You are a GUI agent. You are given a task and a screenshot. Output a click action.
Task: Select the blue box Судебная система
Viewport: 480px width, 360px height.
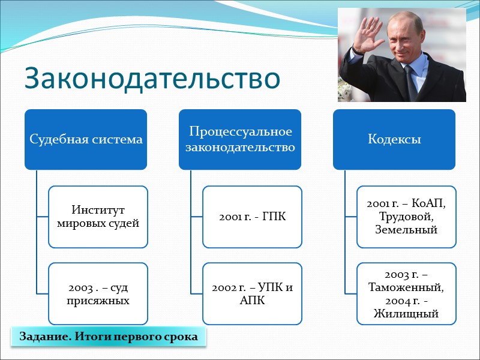pyautogui.click(x=86, y=139)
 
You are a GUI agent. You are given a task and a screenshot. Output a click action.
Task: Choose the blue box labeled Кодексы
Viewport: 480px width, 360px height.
pyautogui.click(x=395, y=139)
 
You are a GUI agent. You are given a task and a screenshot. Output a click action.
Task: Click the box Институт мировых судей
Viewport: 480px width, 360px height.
pyautogui.click(x=98, y=217)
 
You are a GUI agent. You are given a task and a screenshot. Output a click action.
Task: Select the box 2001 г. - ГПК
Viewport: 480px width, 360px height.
pyautogui.click(x=252, y=217)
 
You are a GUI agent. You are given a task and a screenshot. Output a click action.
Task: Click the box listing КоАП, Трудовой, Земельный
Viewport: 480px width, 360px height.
pyautogui.click(x=406, y=217)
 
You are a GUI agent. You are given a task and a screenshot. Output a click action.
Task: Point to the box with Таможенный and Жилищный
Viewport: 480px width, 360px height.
pyautogui.click(x=406, y=293)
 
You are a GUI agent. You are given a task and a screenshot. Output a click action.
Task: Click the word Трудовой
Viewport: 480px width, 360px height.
pyautogui.click(x=406, y=217)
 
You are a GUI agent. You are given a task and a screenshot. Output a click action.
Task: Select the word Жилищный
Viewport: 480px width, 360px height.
pyautogui.click(x=406, y=313)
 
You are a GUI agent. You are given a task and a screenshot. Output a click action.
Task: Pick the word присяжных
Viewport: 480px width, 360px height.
pyautogui.click(x=98, y=299)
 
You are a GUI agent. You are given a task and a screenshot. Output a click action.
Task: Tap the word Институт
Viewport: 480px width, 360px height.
pyautogui.click(x=98, y=211)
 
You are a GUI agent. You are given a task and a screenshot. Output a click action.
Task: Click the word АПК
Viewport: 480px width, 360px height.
pyautogui.click(x=252, y=299)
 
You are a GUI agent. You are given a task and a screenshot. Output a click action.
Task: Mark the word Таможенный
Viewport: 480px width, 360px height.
pyautogui.click(x=406, y=287)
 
